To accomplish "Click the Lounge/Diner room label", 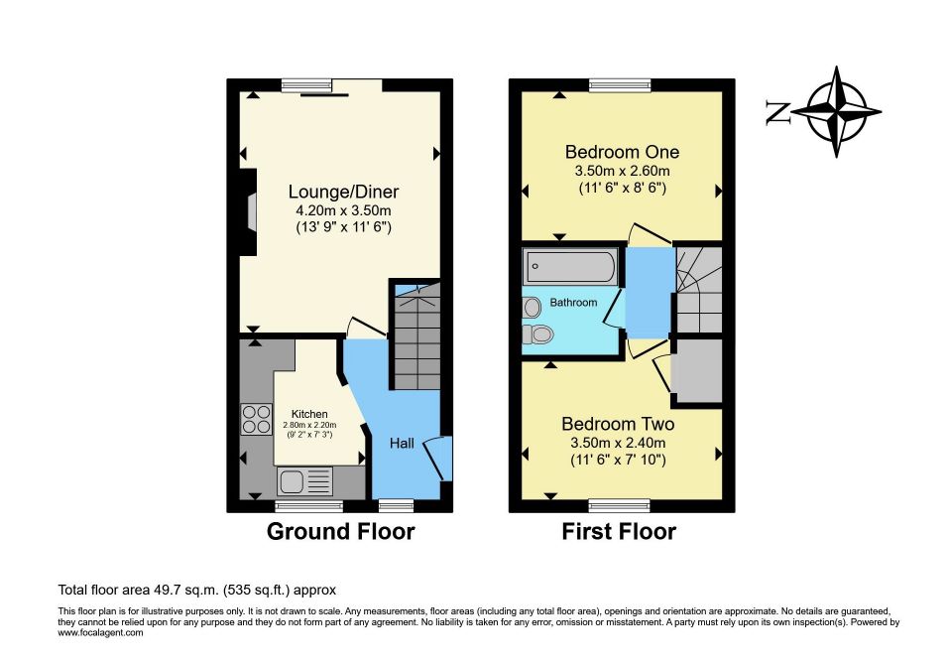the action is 343,192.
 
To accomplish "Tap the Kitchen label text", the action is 309,414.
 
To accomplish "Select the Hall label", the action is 402,444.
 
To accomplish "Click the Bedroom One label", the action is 622,152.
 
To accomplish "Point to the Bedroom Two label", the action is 618,424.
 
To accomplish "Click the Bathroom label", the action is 573,302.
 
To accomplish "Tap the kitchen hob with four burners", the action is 257,419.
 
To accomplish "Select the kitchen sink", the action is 305,481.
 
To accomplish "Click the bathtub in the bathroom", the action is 570,266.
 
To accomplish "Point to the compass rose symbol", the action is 836,112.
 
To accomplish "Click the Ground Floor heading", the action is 341,531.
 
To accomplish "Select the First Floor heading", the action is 619,531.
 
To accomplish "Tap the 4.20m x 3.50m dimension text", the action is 343,211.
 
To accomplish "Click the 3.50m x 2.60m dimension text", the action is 622,172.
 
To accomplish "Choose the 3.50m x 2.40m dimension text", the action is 618,444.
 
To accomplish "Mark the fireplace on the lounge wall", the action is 248,212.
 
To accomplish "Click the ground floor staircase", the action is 417,337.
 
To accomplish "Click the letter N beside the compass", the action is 777,112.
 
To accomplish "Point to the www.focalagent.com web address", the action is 100,633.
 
